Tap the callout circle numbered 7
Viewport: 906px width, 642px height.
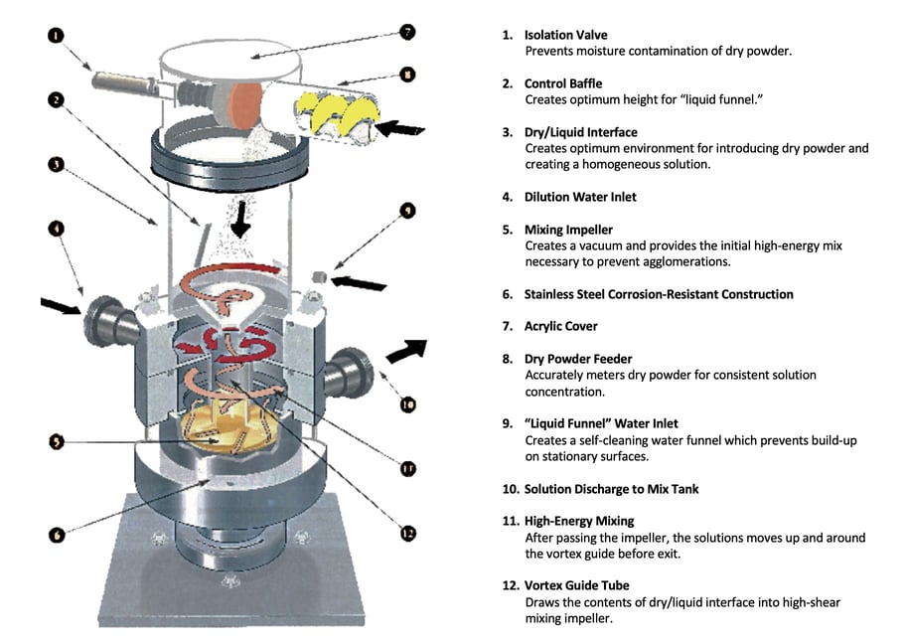point(407,31)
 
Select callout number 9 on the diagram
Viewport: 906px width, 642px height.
point(407,211)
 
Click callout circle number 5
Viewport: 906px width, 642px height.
point(56,440)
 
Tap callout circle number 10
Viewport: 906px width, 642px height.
point(407,404)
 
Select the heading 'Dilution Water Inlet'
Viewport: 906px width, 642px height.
point(580,197)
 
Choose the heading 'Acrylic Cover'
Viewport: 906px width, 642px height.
point(561,326)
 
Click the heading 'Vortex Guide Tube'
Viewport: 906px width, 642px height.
point(576,585)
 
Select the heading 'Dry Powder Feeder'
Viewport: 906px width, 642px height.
point(577,359)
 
